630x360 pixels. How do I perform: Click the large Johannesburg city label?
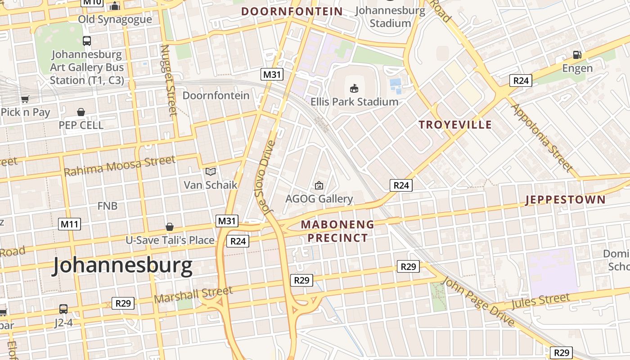pyautogui.click(x=122, y=266)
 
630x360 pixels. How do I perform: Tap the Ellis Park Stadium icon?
pyautogui.click(x=354, y=88)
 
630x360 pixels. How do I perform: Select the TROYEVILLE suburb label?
pyautogui.click(x=455, y=125)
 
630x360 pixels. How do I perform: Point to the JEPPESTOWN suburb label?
pyautogui.click(x=565, y=200)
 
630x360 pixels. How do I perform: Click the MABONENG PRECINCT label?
pyautogui.click(x=337, y=231)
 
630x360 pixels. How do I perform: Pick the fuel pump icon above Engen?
pyautogui.click(x=577, y=55)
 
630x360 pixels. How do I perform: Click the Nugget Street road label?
pyautogui.click(x=168, y=80)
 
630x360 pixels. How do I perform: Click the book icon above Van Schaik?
pyautogui.click(x=211, y=171)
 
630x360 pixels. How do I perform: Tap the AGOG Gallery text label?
pyautogui.click(x=319, y=198)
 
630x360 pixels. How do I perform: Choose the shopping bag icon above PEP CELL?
pyautogui.click(x=81, y=112)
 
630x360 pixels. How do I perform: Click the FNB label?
pyautogui.click(x=108, y=206)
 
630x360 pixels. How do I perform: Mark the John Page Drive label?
pyautogui.click(x=478, y=301)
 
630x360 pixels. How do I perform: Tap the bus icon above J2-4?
pyautogui.click(x=63, y=309)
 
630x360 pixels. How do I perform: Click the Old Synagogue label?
pyautogui.click(x=115, y=19)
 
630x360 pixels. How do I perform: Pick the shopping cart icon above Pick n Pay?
pyautogui.click(x=25, y=99)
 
